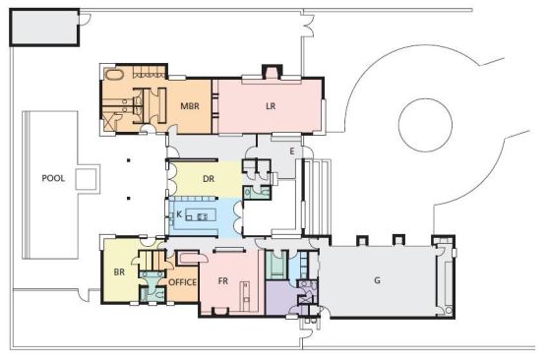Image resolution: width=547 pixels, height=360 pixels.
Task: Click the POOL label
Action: pos(53,178)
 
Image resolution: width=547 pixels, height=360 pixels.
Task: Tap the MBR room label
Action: pos(190,106)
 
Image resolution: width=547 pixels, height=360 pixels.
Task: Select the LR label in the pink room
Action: pos(271,106)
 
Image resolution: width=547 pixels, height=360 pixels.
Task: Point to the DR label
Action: pos(209,179)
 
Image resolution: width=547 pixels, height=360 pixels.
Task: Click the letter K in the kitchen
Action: pos(179,214)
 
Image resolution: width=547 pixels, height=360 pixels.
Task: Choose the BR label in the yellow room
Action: pos(119,272)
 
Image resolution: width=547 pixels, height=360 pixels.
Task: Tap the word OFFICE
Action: pos(182,282)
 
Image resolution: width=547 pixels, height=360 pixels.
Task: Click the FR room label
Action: pos(223,280)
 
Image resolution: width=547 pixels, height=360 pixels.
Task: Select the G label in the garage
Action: pos(377,280)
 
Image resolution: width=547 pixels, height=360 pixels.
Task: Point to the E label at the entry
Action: pos(292,151)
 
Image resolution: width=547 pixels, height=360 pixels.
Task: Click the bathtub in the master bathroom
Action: pos(114,74)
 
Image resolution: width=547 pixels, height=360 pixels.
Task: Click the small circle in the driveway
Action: pos(425,125)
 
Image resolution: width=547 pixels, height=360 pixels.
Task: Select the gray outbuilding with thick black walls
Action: pos(44,28)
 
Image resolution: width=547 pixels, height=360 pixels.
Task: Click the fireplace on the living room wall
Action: pos(273,72)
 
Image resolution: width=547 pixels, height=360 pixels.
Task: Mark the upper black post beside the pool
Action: pos(129,160)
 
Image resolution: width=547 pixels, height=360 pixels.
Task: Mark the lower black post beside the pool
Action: pos(129,199)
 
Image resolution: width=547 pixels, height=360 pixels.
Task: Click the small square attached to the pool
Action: pos(86,179)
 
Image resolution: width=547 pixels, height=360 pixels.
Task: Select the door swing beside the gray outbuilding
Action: pos(86,20)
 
